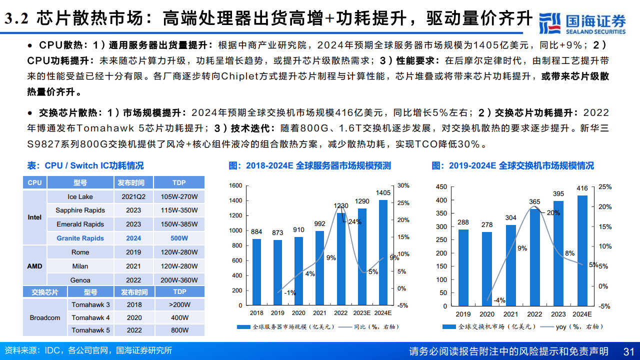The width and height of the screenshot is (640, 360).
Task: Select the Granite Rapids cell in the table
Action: tap(80, 238)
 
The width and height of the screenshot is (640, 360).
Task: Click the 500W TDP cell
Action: tap(179, 238)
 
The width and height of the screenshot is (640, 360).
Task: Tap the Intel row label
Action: tap(34, 217)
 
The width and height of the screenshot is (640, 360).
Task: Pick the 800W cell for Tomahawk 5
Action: tap(179, 330)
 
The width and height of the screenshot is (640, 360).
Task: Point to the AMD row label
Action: tap(34, 266)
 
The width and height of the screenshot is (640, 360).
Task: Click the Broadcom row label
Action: tap(44, 317)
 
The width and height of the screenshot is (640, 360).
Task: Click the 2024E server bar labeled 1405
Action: tap(383, 252)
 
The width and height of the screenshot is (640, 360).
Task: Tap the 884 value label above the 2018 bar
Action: tap(256, 231)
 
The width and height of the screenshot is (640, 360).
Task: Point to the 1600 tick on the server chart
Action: tap(235, 185)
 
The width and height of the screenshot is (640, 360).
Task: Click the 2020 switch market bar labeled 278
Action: tap(486, 268)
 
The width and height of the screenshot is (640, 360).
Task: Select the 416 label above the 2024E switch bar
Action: tap(582, 188)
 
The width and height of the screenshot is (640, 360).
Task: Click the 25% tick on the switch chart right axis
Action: tap(605, 187)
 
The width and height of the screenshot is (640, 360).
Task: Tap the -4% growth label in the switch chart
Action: tap(499, 300)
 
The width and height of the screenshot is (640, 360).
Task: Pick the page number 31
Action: tap(629, 351)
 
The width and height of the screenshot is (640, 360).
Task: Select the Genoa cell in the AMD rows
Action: tap(80, 280)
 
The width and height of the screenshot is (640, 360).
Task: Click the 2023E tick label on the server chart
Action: tap(362, 313)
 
